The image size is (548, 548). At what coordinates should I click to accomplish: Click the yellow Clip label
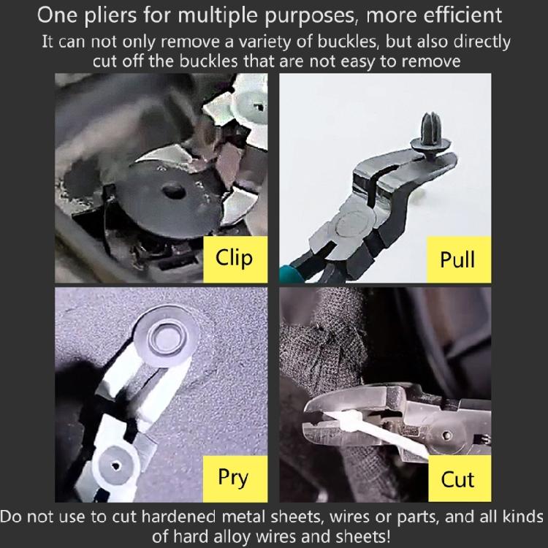pos(234,257)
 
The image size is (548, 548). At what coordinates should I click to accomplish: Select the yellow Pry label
pos(234,477)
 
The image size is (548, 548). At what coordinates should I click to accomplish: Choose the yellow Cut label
pos(457,479)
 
